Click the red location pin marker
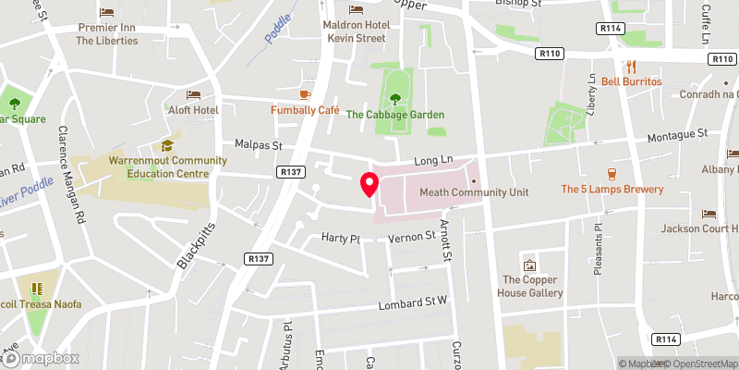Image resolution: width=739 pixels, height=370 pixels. [369, 184]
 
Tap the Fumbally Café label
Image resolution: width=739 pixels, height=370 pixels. [305, 109]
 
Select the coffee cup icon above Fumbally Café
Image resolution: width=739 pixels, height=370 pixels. [305, 93]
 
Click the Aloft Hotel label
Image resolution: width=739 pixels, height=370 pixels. [192, 110]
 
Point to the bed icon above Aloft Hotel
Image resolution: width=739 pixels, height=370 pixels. [192, 94]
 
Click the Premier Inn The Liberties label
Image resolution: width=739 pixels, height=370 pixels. [106, 34]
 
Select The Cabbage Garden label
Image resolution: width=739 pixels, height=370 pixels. [395, 115]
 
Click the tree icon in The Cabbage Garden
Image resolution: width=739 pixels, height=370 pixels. [395, 98]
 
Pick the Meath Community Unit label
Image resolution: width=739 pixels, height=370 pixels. [473, 191]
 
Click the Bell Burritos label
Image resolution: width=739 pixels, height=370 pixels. [632, 81]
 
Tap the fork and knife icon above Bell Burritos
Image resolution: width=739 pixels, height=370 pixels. [632, 66]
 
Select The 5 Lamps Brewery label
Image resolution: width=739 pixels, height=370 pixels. [612, 189]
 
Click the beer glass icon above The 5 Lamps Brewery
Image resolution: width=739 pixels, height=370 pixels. [612, 173]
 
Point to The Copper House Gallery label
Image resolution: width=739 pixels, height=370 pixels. [532, 286]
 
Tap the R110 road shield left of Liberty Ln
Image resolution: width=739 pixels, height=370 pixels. [551, 55]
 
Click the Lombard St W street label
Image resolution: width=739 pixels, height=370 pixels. [413, 304]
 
